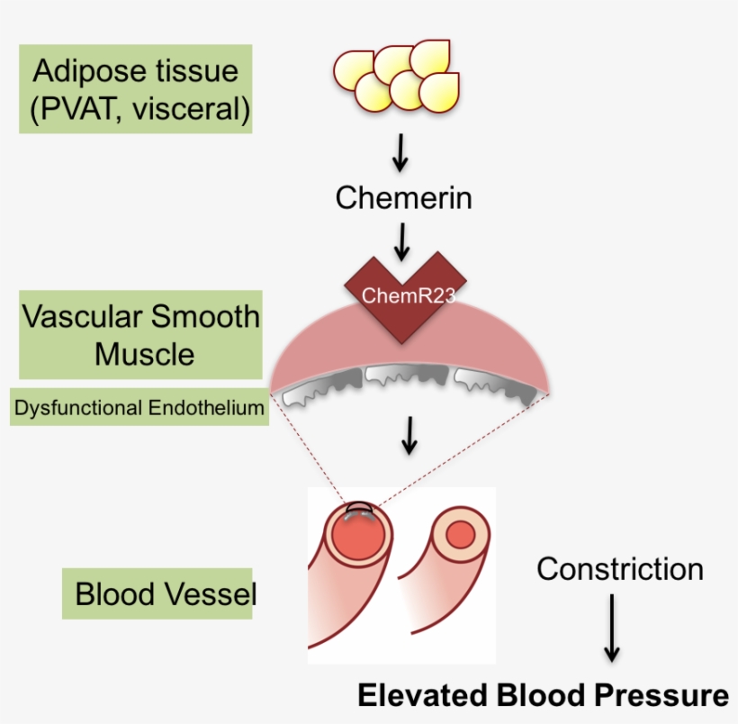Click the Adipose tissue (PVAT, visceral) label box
135,90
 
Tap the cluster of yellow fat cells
396,77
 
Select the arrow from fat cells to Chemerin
400,154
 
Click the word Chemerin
403,197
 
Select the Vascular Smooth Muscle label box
140,334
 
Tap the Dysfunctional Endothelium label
139,408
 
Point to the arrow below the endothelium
409,435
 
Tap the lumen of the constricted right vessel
460,535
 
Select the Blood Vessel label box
157,594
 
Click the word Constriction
620,569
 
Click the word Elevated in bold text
423,696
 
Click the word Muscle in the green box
144,354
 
